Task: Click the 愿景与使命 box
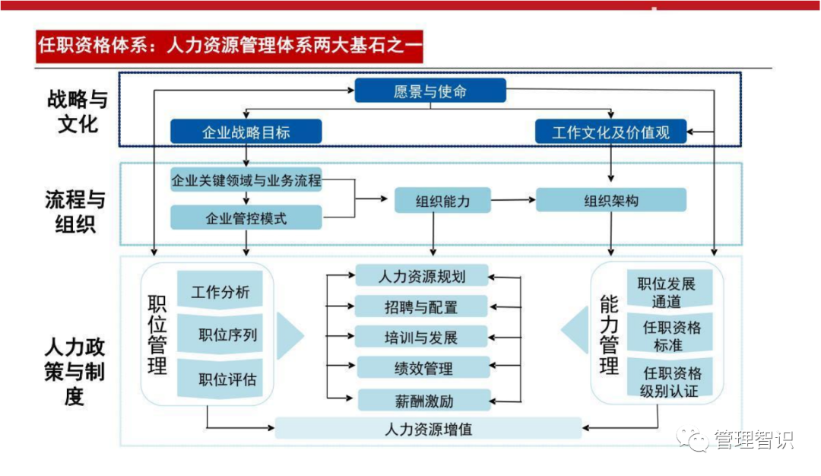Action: point(430,91)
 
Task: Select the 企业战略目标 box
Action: point(246,132)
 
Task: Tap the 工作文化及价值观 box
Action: point(610,132)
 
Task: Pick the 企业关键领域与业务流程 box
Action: point(246,182)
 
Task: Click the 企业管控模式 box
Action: point(246,218)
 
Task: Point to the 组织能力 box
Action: point(442,201)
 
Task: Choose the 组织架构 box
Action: point(610,201)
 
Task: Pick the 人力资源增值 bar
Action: point(427,428)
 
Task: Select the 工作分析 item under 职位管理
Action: point(220,291)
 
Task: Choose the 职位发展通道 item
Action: point(667,292)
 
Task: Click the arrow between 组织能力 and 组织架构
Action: point(513,201)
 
